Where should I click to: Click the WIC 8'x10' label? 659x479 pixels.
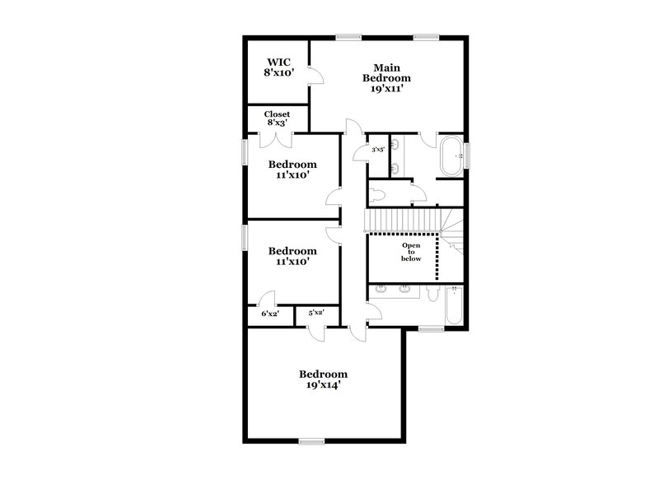(278, 67)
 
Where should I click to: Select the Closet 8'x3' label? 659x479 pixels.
(277, 119)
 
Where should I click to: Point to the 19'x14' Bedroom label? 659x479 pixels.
(323, 379)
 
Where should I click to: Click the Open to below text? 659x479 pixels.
(411, 252)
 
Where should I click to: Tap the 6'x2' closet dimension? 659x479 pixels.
(269, 314)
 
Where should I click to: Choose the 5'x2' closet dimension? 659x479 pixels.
(316, 313)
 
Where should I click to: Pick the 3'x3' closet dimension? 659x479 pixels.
(379, 150)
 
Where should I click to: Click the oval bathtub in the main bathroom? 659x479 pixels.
(451, 156)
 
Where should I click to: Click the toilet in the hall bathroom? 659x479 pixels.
(435, 293)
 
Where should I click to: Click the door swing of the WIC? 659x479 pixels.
(315, 77)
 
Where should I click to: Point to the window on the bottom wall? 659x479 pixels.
(311, 442)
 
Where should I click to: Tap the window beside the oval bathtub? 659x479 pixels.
(466, 156)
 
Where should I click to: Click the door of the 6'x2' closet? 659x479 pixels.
(268, 298)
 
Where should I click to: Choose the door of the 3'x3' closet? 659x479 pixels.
(360, 152)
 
